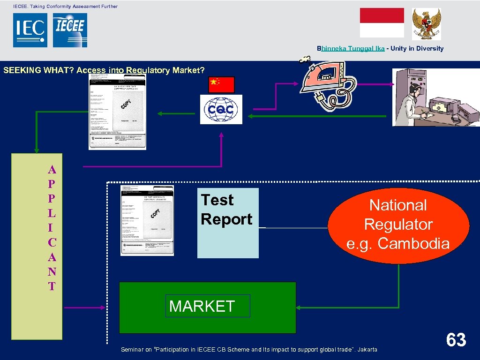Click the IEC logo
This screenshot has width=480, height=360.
coord(30,30)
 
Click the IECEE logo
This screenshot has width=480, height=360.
coord(70,30)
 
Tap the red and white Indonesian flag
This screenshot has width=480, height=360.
coord(382,22)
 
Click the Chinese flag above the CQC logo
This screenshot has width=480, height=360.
coord(221,84)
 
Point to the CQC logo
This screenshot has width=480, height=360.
coord(221,109)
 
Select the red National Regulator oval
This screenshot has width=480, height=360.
coord(398,225)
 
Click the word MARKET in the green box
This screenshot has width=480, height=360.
coord(202,306)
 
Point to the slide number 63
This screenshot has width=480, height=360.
coord(456,340)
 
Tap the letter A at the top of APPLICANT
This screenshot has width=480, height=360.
coord(52,170)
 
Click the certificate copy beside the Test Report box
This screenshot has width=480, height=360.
coord(147,220)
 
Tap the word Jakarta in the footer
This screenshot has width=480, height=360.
coord(367,349)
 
